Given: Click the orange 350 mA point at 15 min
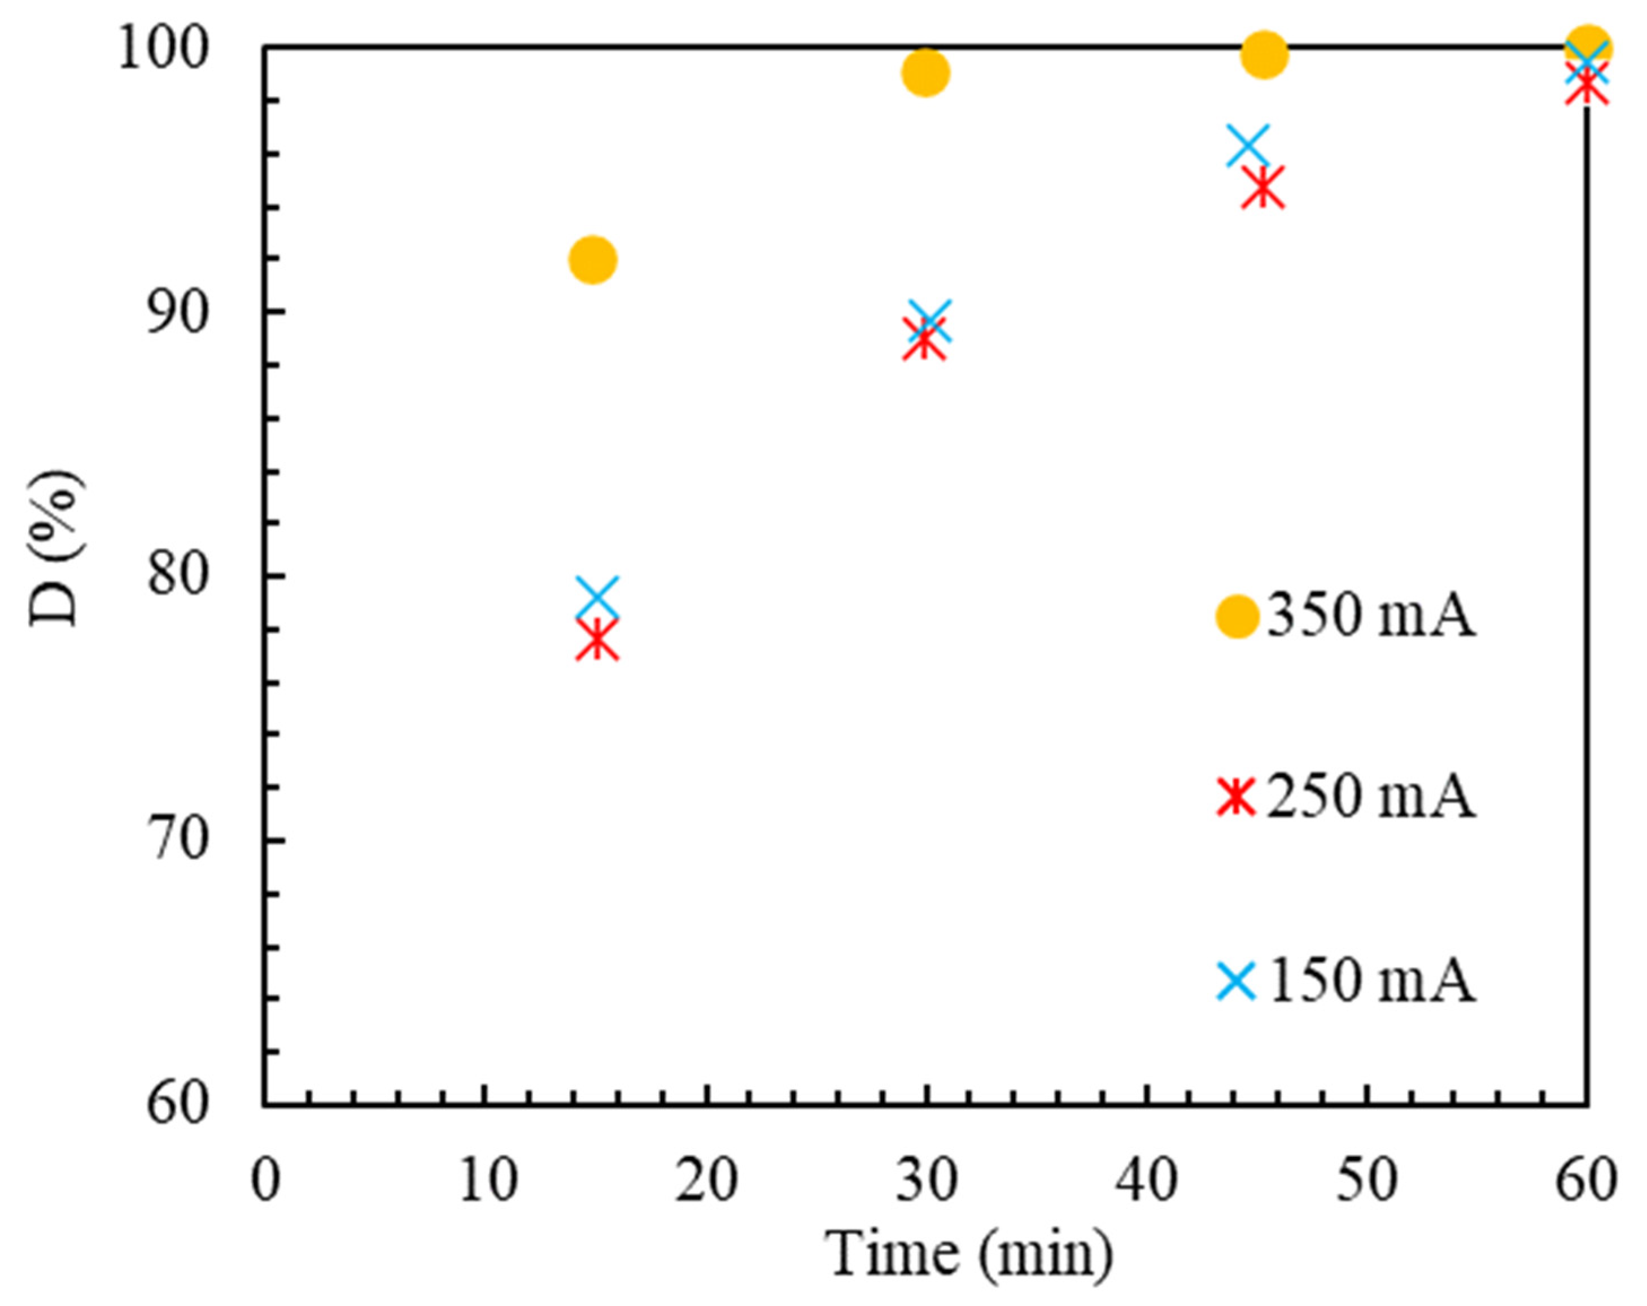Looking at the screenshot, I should pyautogui.click(x=593, y=260).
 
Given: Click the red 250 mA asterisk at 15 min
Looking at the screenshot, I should pyautogui.click(x=597, y=640).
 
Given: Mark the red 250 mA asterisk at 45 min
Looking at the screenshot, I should pyautogui.click(x=1262, y=187).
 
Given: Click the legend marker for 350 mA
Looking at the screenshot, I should pyautogui.click(x=1237, y=617).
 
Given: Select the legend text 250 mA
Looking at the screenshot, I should pyautogui.click(x=1370, y=797).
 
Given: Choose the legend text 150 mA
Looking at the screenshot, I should pyautogui.click(x=1370, y=981).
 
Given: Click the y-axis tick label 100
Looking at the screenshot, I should pyautogui.click(x=163, y=50).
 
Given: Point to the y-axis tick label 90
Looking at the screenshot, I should pyautogui.click(x=177, y=313).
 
